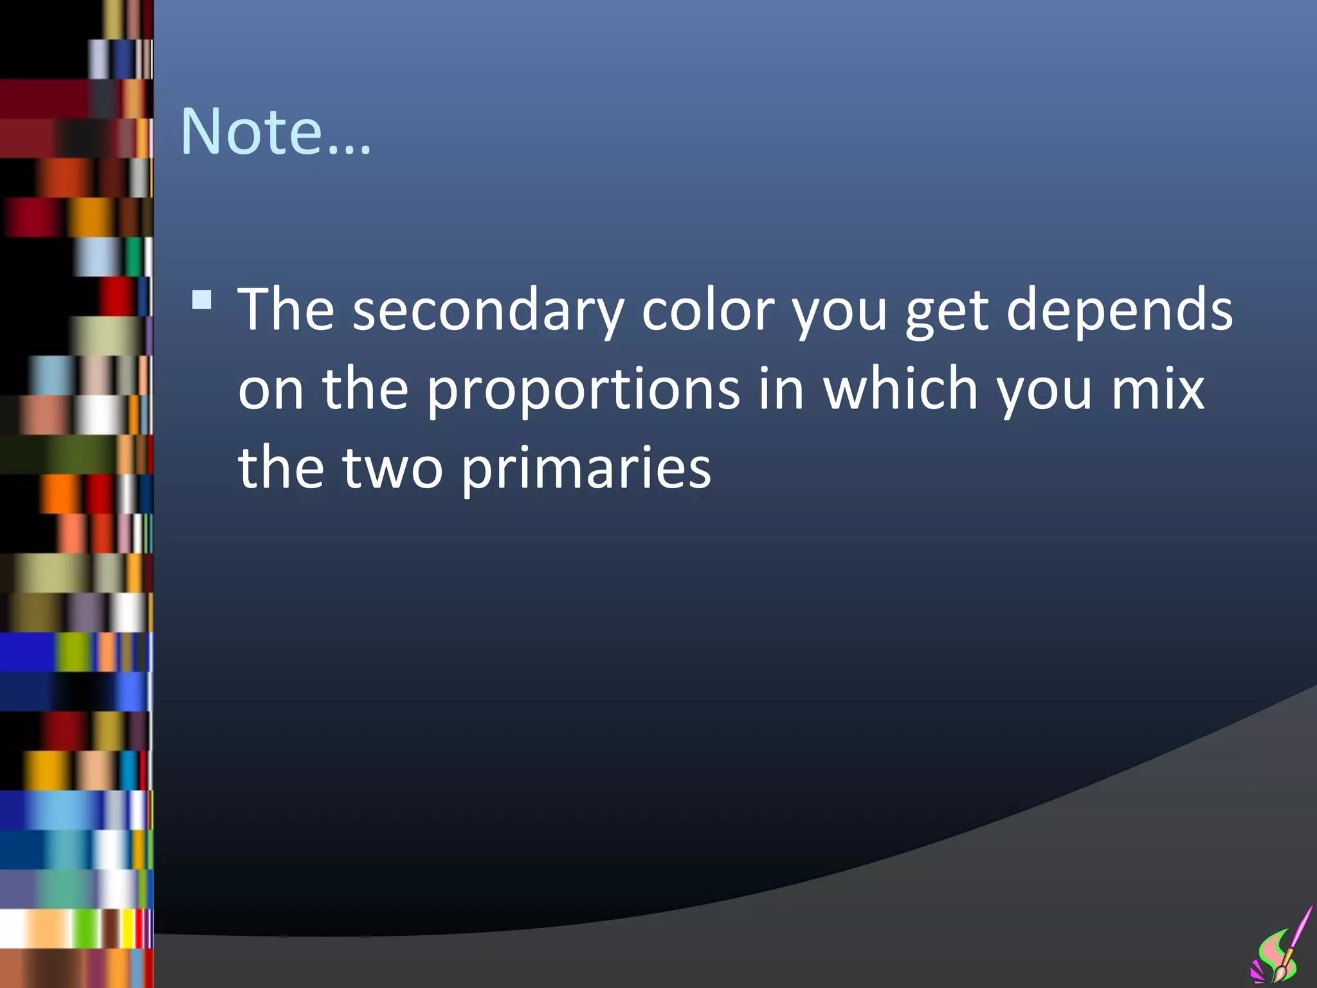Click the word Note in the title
(251, 132)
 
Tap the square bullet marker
(202, 300)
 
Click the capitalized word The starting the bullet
(286, 310)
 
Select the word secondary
(488, 310)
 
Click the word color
(708, 310)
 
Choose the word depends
(1119, 310)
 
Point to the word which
(901, 389)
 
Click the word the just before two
(281, 468)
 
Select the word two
(392, 468)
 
